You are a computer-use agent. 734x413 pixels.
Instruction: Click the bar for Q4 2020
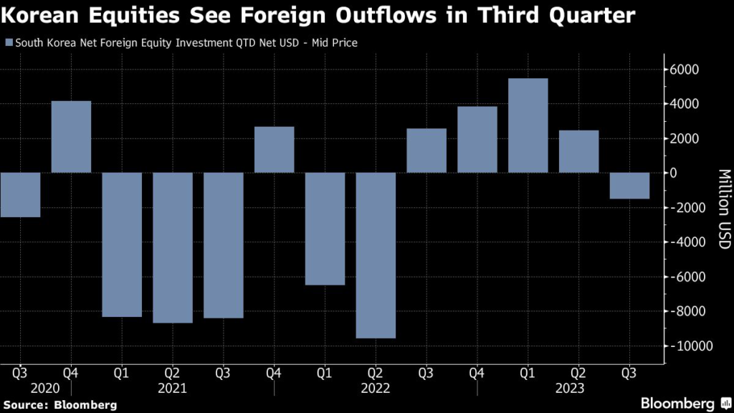[x=71, y=137]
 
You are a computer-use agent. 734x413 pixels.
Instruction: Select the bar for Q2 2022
[x=376, y=255]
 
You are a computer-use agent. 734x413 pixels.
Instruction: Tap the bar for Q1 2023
[x=528, y=125]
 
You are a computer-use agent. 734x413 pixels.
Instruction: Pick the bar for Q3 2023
[x=629, y=186]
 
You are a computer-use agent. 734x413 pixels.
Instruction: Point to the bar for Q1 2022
[x=325, y=229]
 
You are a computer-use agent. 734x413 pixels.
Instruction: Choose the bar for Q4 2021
[x=274, y=150]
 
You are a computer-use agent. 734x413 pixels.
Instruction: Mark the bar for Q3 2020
[x=20, y=195]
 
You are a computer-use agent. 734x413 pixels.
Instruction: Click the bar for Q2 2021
[x=173, y=248]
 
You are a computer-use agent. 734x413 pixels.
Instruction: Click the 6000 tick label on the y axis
[x=685, y=70]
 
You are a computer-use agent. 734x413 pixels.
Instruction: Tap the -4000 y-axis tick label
[x=686, y=242]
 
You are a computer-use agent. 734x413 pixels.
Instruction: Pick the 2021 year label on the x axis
[x=173, y=388]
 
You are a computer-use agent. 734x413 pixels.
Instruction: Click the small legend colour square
[x=8, y=43]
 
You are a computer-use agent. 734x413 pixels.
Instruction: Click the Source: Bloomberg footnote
[x=59, y=405]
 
